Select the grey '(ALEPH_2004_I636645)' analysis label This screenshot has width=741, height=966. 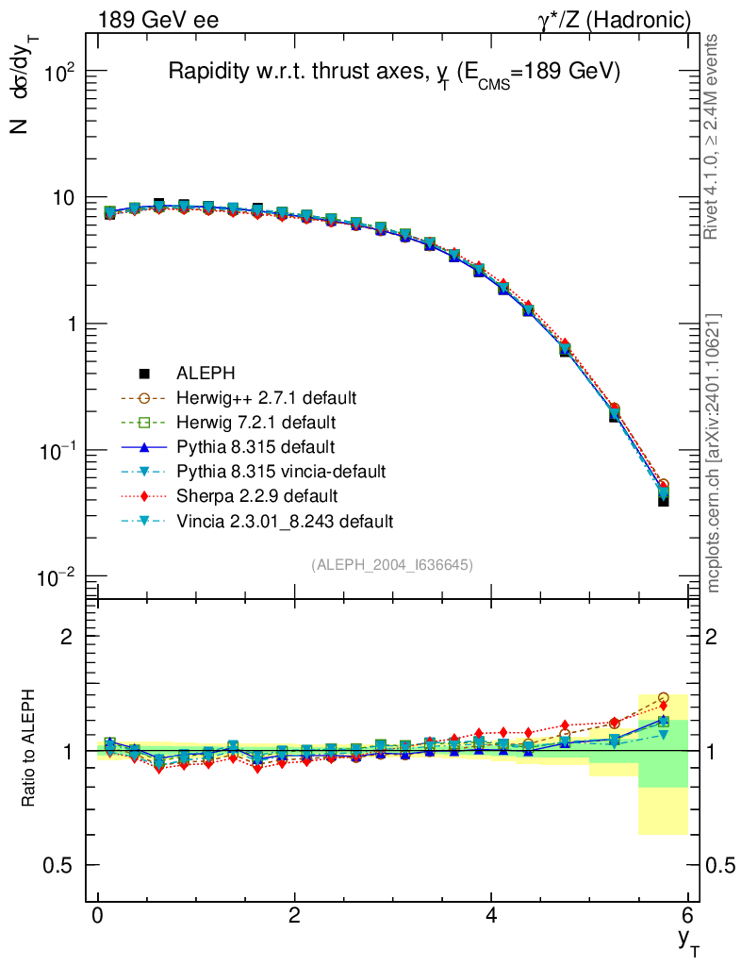(x=392, y=564)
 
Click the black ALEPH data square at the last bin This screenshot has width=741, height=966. (x=664, y=500)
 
